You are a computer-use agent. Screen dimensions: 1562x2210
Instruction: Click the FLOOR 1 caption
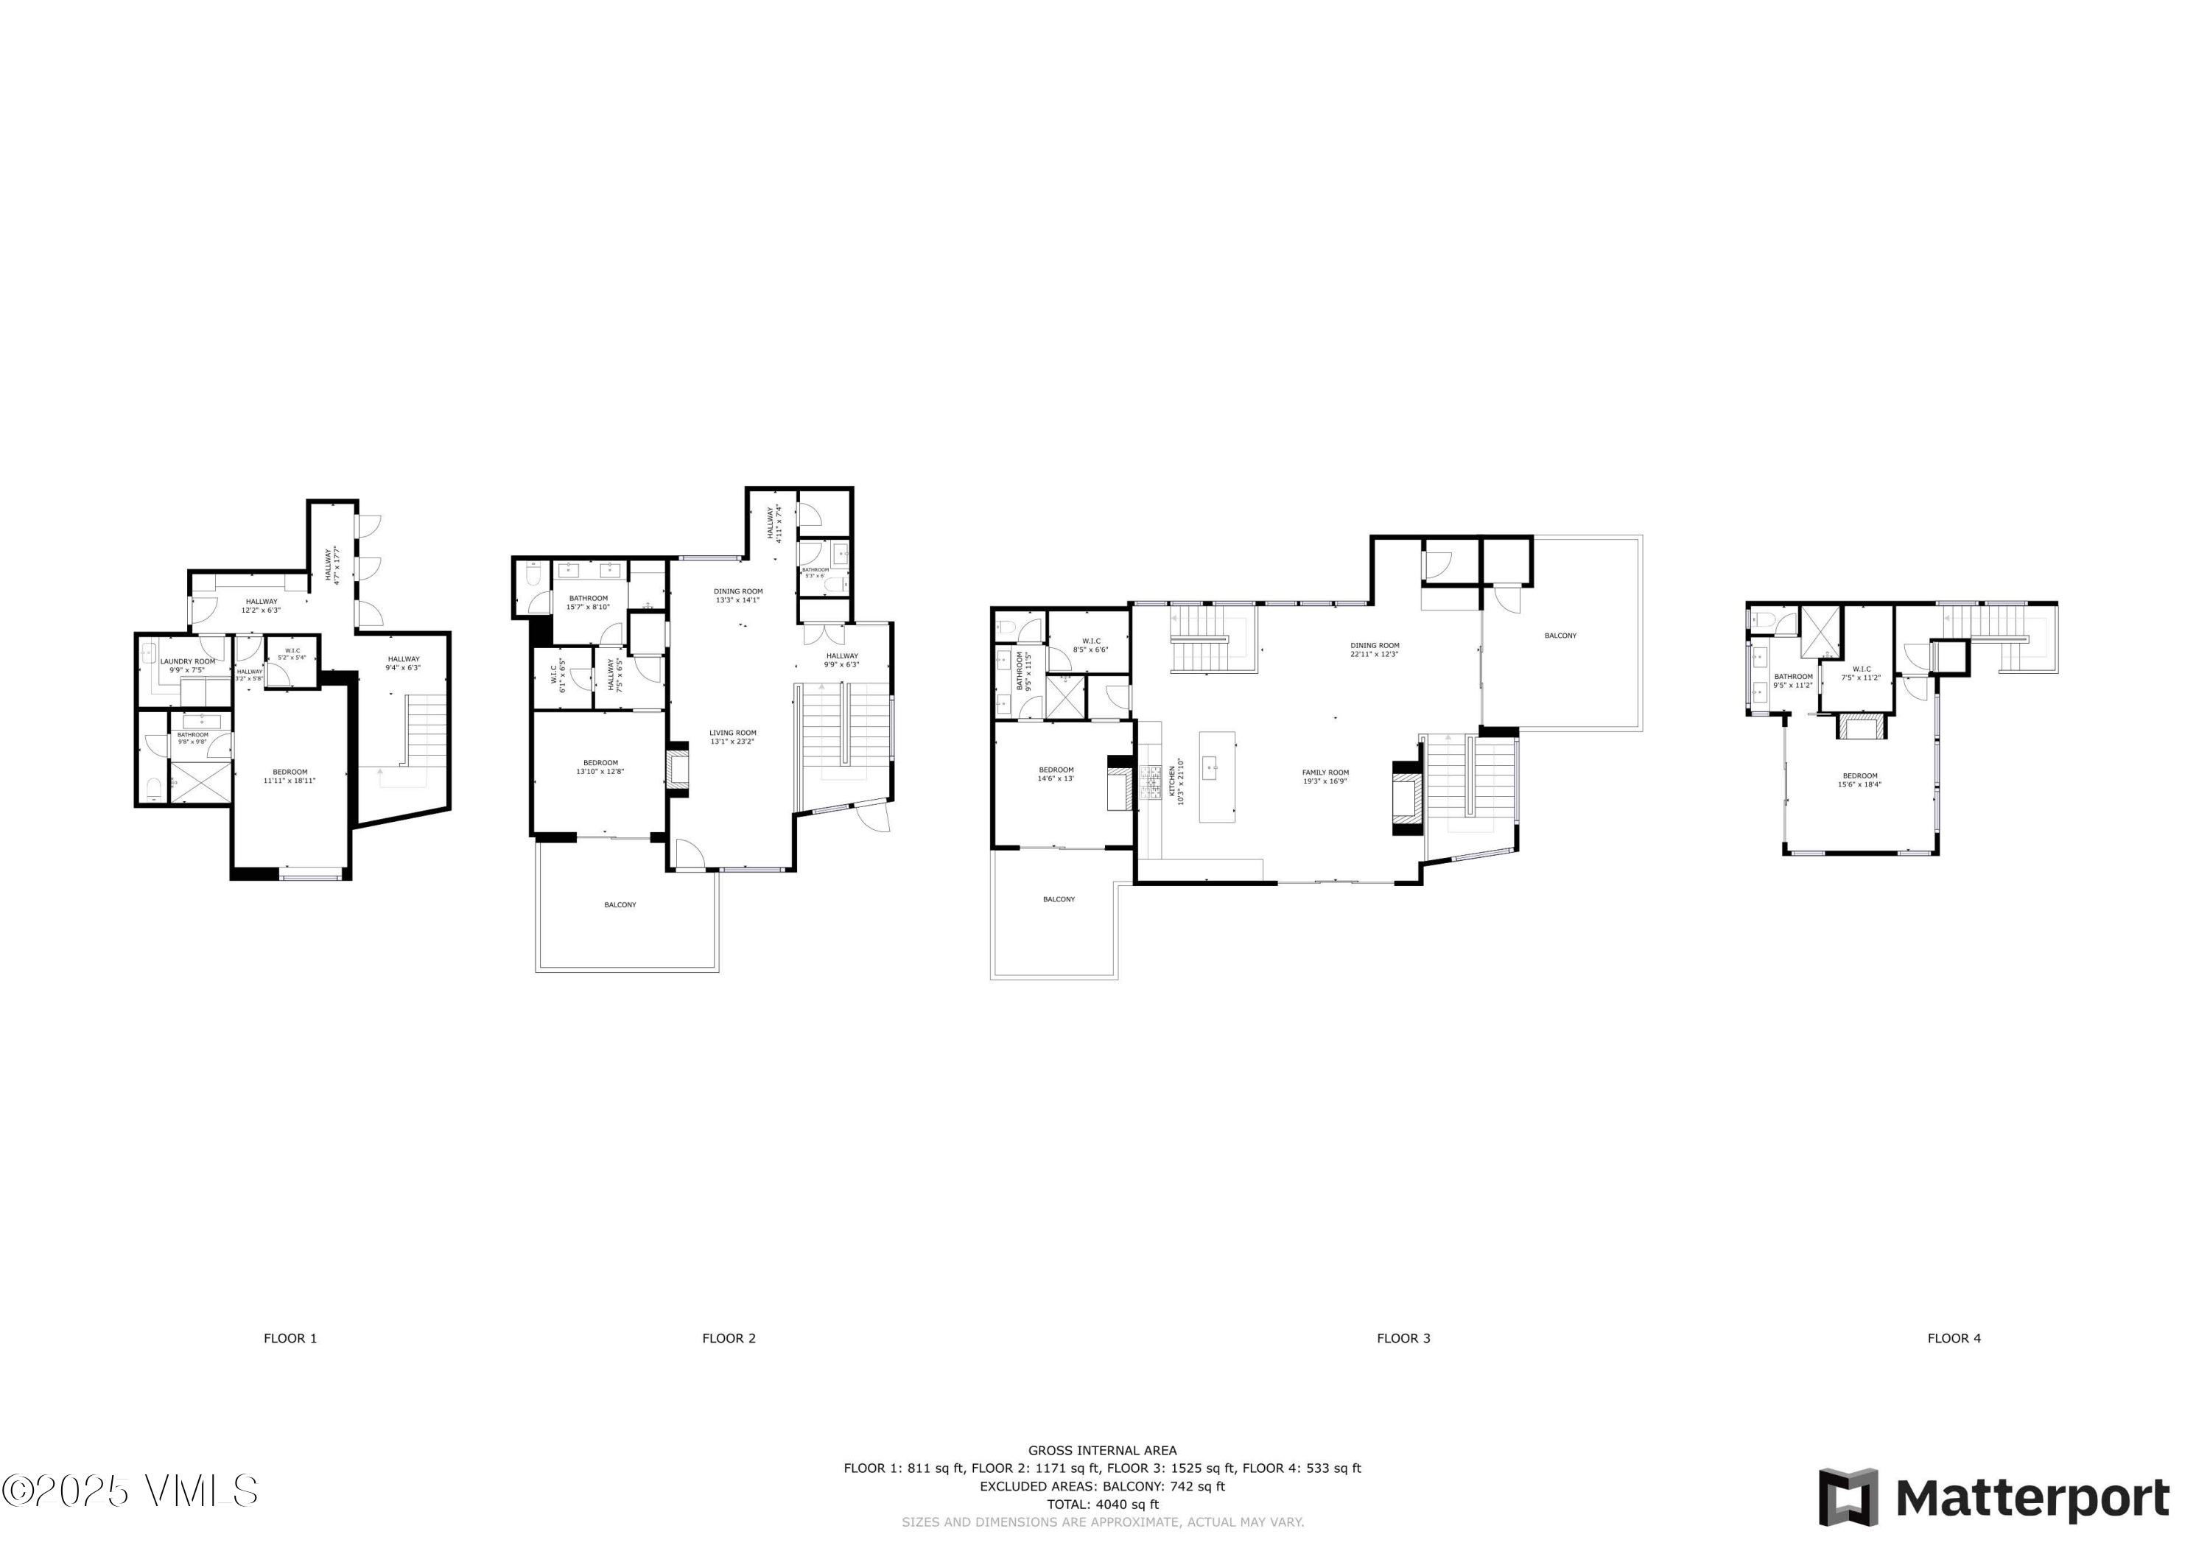coord(290,1338)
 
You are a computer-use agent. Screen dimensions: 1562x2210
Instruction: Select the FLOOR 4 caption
coord(1954,1338)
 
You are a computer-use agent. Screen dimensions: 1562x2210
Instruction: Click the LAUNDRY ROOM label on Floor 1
coord(188,661)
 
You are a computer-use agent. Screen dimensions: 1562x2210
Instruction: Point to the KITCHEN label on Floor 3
coord(1171,781)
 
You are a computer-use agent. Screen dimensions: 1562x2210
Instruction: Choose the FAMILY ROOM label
coord(1325,772)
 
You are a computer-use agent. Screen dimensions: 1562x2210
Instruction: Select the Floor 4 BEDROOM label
coord(1859,775)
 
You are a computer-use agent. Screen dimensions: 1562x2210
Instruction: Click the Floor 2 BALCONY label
coord(620,904)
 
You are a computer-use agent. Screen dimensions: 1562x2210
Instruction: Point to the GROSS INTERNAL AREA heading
coord(1102,1450)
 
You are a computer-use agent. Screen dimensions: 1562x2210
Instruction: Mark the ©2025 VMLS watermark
coord(130,1491)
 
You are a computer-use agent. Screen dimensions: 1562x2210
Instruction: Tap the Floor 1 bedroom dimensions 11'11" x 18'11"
coord(290,781)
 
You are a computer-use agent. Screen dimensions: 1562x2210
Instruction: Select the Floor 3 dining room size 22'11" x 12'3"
coord(1375,655)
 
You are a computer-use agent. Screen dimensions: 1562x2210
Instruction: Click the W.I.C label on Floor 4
coord(1861,669)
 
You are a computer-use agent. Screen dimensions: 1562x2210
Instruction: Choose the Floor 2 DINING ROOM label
coord(738,591)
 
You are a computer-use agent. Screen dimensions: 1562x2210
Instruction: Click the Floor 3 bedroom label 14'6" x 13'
coord(1056,778)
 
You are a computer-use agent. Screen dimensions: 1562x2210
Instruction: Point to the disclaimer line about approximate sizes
coord(1102,1521)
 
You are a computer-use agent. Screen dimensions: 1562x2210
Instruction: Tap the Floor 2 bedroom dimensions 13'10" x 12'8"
coord(600,771)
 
